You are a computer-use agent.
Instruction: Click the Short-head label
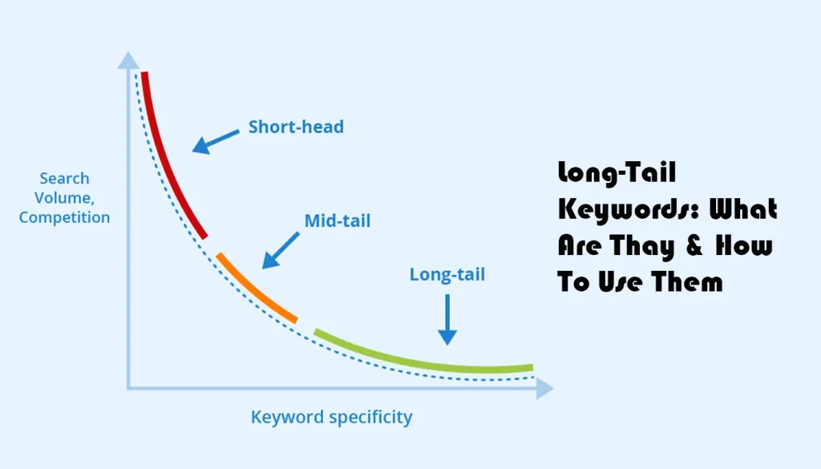296,127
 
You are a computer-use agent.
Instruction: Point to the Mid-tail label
338,220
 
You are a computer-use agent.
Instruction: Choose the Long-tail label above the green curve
447,274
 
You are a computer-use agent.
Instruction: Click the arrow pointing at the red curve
215,141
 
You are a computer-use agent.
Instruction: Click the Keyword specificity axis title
332,417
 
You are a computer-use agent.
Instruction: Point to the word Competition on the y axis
64,217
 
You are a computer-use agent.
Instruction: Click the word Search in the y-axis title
64,178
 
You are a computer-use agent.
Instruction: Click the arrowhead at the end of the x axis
544,389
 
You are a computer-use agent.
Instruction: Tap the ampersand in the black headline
694,246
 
